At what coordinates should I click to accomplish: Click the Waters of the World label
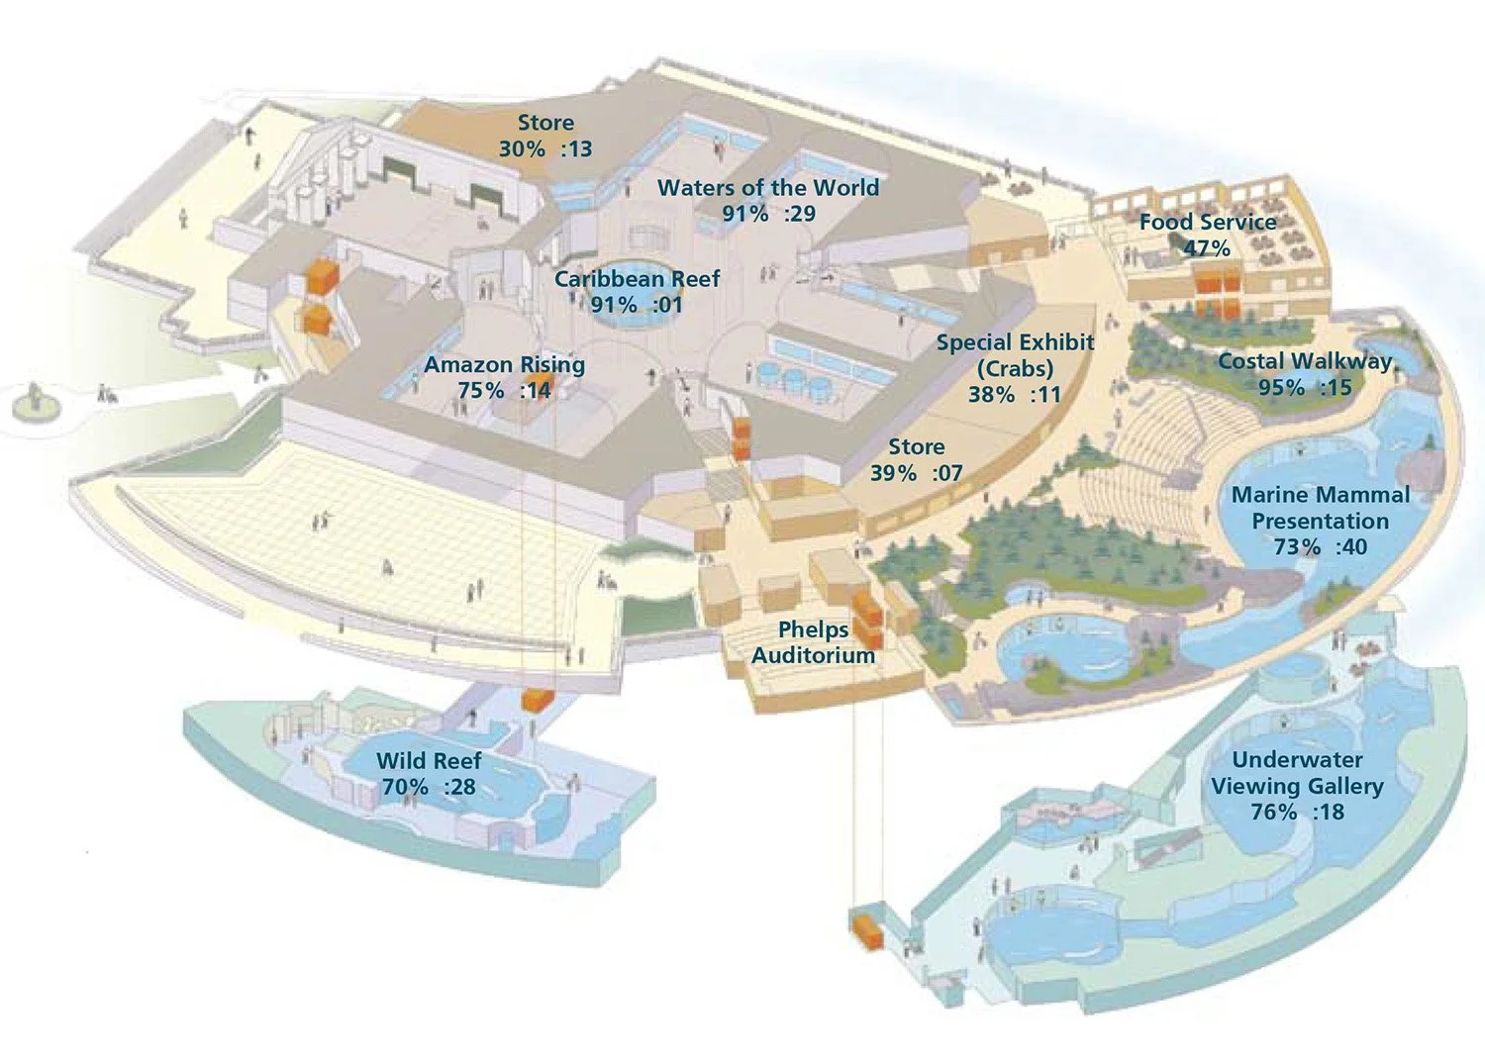tap(768, 188)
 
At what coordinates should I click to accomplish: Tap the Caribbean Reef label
tap(637, 279)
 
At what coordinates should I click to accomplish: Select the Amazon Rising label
tap(504, 365)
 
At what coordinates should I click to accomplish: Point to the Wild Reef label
tap(429, 761)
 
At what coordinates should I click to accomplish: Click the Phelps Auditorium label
tap(813, 642)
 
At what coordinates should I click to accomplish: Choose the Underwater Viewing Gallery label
tap(1297, 773)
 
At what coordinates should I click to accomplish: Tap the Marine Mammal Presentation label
tap(1321, 508)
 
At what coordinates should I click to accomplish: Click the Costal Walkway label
tap(1305, 361)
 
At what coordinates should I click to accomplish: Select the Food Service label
tap(1208, 222)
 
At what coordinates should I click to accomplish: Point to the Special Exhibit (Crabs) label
tap(1015, 355)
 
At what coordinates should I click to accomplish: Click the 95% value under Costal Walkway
tap(1281, 388)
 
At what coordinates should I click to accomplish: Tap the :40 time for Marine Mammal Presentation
tap(1350, 547)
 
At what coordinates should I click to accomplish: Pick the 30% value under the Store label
tap(522, 149)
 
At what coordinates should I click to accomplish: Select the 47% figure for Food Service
tap(1207, 248)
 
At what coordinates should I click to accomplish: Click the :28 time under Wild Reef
tap(458, 788)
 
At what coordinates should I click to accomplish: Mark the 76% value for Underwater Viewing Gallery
tap(1274, 813)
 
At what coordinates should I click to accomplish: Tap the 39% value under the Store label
tap(893, 474)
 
